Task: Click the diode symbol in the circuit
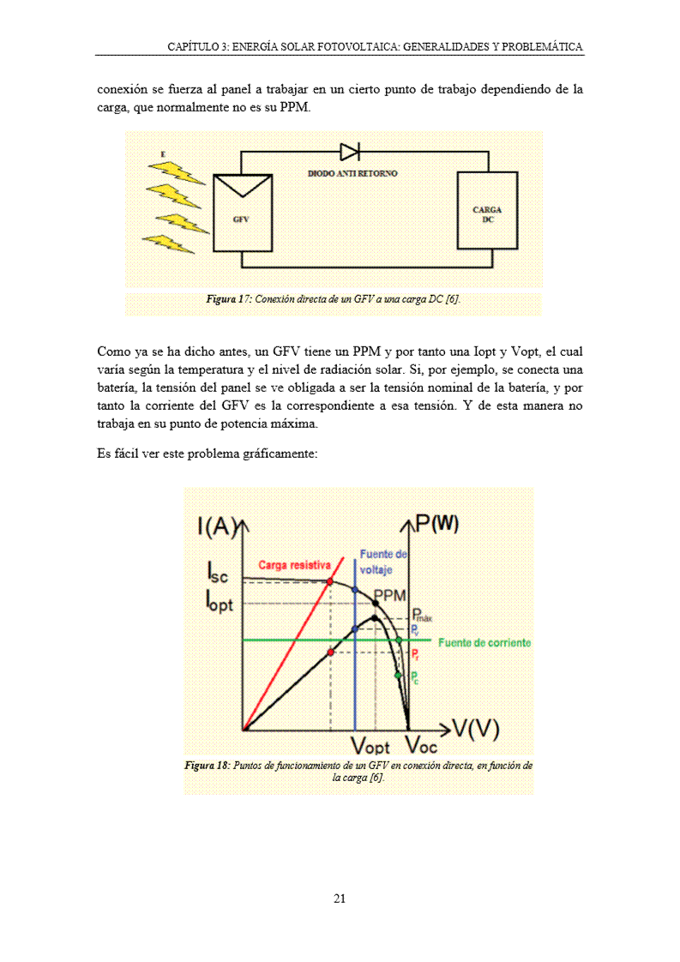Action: [x=349, y=152]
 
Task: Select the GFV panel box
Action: [x=243, y=213]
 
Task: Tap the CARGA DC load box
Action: [x=487, y=212]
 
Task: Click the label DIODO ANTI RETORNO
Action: [x=352, y=173]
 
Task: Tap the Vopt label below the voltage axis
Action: [x=371, y=744]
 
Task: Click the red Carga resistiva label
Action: [x=294, y=565]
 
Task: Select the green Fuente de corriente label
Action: [x=484, y=642]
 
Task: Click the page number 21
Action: [x=340, y=899]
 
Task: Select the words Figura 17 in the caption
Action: [x=227, y=298]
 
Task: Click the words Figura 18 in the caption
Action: [x=206, y=765]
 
